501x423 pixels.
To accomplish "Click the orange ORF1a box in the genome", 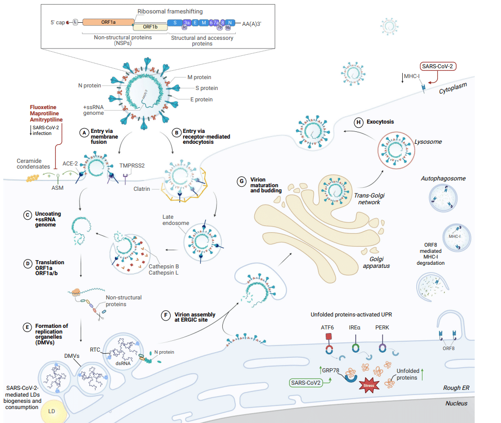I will (107, 22).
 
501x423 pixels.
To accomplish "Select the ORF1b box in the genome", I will (150, 26).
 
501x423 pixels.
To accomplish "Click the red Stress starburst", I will (369, 385).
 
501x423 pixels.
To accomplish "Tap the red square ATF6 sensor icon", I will (328, 337).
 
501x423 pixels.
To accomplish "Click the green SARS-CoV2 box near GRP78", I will (306, 383).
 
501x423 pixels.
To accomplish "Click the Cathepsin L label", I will (163, 273).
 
